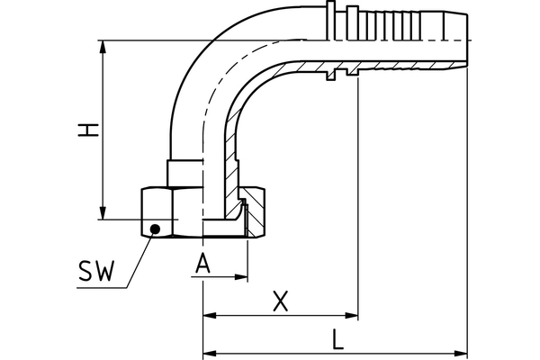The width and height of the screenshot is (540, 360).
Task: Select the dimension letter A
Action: pos(204,264)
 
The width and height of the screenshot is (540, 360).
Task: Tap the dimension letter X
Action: pos(280,303)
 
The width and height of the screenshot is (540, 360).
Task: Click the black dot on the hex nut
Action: pos(155,229)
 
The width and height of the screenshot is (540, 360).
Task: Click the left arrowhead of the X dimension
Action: pos(209,317)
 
